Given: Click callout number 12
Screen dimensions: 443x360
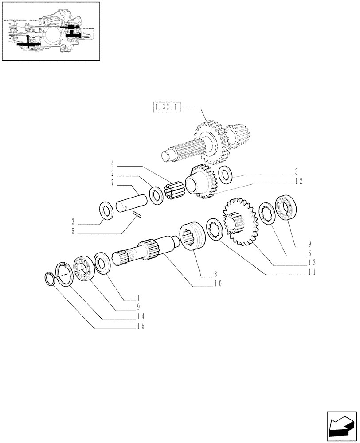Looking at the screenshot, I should pyautogui.click(x=311, y=181).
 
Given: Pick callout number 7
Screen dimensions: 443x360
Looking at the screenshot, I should pyautogui.click(x=113, y=183).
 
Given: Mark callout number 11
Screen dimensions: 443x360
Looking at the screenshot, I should pyautogui.click(x=311, y=272).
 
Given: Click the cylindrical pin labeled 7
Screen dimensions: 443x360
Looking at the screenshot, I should pyautogui.click(x=131, y=202).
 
